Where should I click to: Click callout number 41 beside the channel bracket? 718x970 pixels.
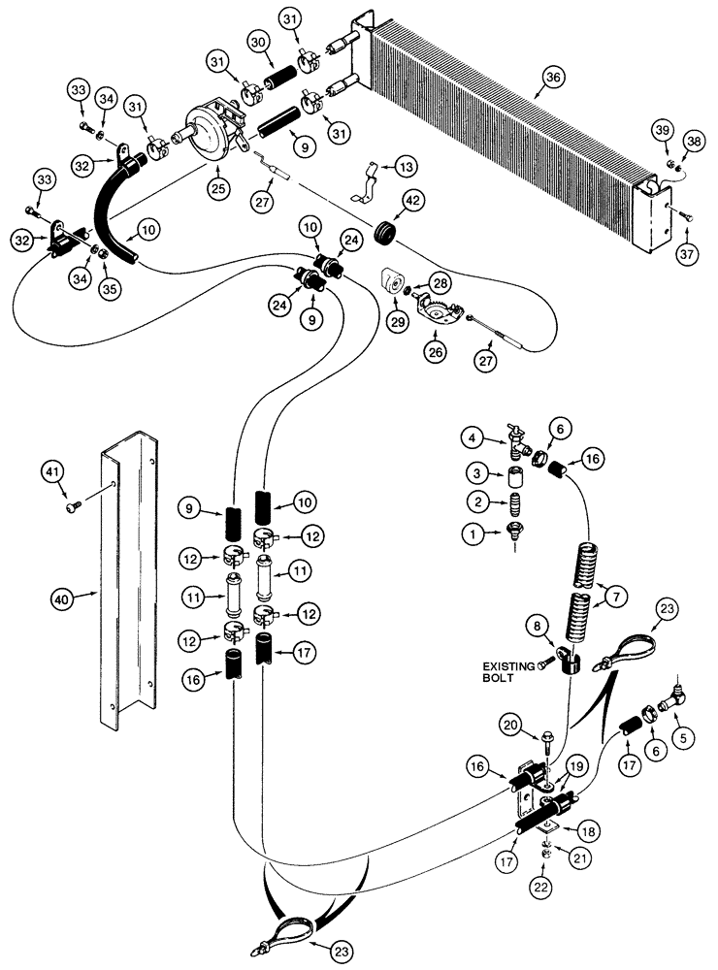pyautogui.click(x=53, y=472)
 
